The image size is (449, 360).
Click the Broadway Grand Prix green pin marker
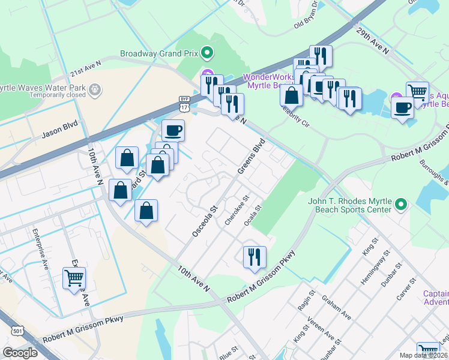click(x=207, y=53)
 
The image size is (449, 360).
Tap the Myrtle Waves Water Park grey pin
click(x=95, y=91)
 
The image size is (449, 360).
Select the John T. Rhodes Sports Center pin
click(x=402, y=206)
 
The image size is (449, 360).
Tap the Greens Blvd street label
click(x=252, y=157)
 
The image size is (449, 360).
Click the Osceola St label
click(x=205, y=220)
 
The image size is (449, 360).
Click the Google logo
click(x=20, y=353)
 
